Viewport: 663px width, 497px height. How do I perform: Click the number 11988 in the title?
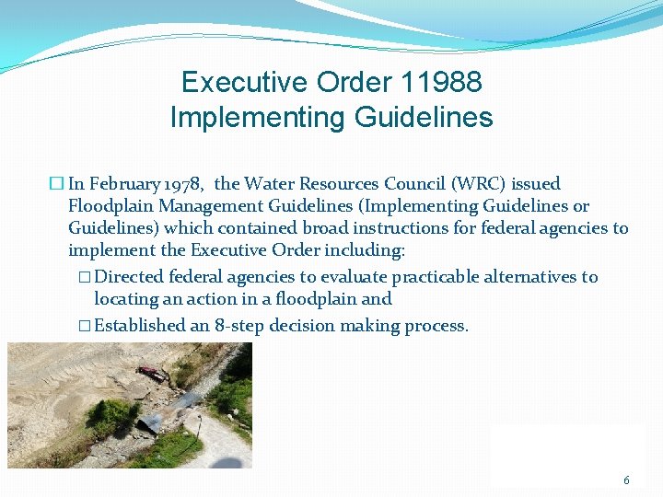tap(441, 82)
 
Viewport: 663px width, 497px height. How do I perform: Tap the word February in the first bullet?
tap(122, 184)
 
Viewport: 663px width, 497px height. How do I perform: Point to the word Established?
tap(140, 326)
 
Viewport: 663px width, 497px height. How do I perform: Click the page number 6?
tap(627, 480)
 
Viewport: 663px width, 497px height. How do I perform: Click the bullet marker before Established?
tap(84, 326)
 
